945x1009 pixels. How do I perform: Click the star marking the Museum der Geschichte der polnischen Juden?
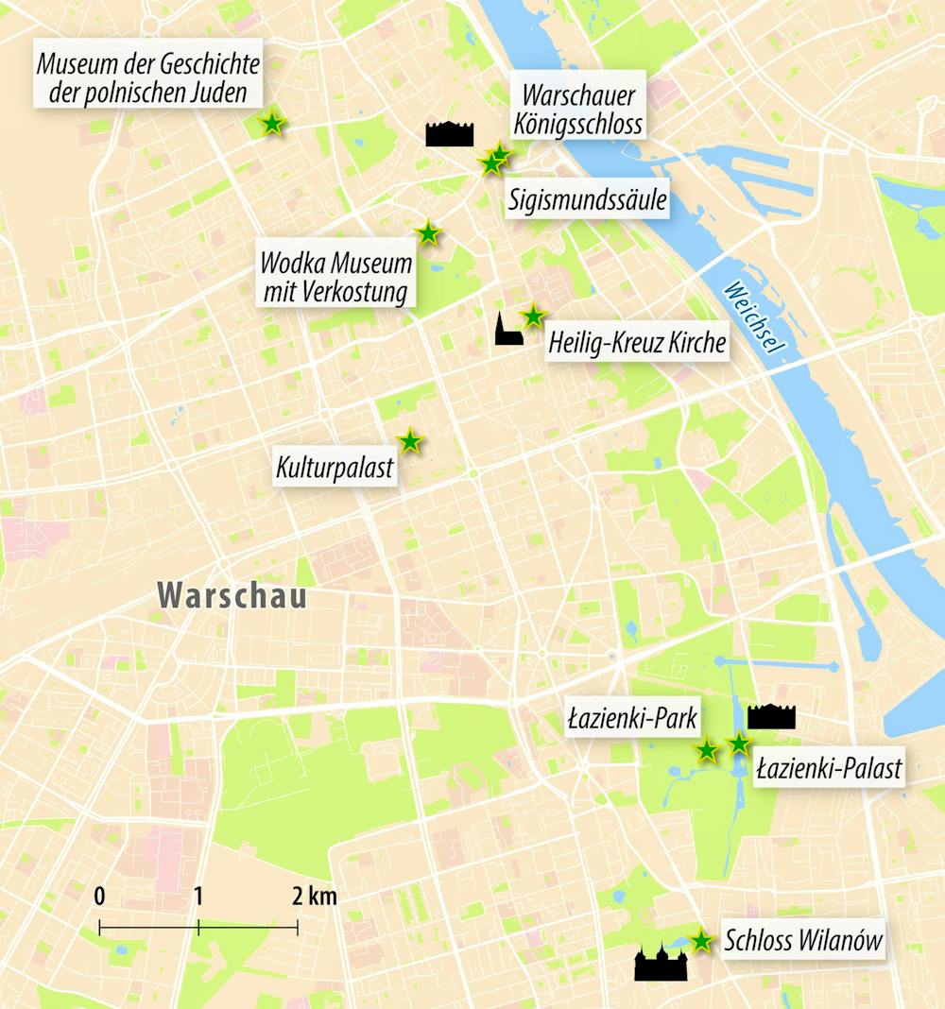(272, 123)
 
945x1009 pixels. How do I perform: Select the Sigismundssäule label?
(587, 200)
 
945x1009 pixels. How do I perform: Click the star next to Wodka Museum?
(428, 232)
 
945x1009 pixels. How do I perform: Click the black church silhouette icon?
(507, 329)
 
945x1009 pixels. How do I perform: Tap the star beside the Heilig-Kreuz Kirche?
(534, 316)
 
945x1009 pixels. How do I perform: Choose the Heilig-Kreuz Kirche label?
(637, 343)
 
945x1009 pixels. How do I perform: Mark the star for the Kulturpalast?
(409, 441)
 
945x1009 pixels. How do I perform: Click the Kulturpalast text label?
(335, 469)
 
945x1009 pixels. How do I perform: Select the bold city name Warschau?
(232, 596)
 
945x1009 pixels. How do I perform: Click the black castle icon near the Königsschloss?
(449, 134)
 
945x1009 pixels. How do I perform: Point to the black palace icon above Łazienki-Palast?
(771, 717)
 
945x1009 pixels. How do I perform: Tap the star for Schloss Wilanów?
(700, 940)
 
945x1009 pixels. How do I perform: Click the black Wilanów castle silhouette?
(661, 964)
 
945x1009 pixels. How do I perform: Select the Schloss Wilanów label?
(802, 941)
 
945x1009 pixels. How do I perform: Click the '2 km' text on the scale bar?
(315, 897)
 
